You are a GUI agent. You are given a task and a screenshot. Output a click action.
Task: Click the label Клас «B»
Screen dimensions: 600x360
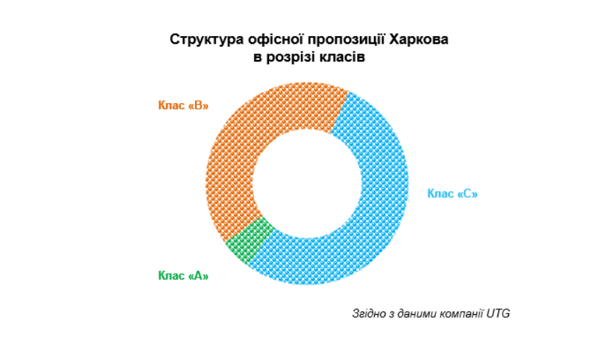coord(184,105)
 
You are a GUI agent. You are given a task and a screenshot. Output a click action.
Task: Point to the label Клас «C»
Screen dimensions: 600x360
coord(452,193)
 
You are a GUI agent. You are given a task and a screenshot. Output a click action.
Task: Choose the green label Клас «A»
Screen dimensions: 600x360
coord(184,275)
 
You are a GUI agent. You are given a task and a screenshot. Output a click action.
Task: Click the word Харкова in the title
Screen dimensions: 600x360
coord(419,39)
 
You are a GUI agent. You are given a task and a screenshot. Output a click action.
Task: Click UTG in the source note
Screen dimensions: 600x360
coord(498,313)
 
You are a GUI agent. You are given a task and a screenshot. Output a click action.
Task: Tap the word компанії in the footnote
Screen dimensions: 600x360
coord(460,313)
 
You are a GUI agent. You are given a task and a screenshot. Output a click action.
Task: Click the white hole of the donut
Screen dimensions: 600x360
coord(307,184)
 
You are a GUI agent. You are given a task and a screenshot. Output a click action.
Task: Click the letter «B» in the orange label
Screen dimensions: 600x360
coord(198,105)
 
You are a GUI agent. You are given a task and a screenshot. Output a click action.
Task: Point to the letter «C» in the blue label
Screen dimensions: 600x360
coord(467,193)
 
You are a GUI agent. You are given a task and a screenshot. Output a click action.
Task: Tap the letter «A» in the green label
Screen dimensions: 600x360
coord(198,275)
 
